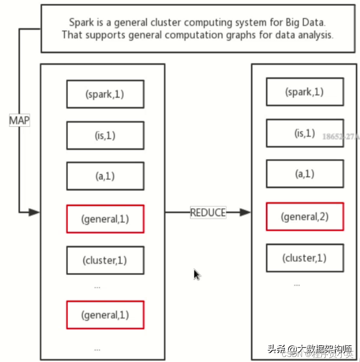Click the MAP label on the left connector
[x=19, y=121]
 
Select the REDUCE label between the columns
[x=208, y=212]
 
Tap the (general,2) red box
[x=305, y=217]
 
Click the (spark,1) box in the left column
[x=105, y=94]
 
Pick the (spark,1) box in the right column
[x=305, y=92]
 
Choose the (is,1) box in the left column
[x=105, y=136]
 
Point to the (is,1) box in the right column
[x=305, y=134]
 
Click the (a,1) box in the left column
[x=105, y=176]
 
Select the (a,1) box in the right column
[x=305, y=173]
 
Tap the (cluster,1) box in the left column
[x=105, y=260]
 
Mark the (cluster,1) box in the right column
[x=305, y=257]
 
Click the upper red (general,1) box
[x=105, y=219]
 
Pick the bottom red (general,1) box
[x=105, y=315]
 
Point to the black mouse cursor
[x=197, y=274]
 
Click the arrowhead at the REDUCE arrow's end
[x=245, y=212]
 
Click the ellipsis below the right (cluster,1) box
[x=297, y=284]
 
